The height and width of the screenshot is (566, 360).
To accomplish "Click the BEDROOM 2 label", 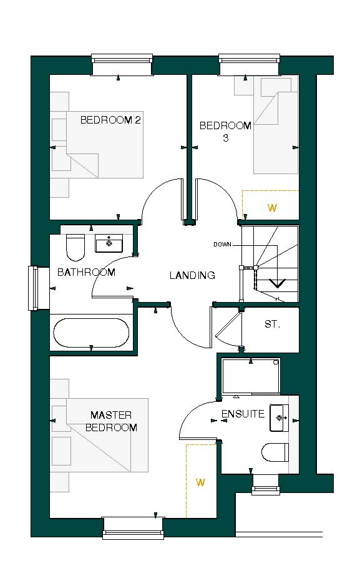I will pyautogui.click(x=110, y=120).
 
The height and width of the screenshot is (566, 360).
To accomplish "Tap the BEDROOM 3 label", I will pyautogui.click(x=225, y=132).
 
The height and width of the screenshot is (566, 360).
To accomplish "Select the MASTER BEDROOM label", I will pyautogui.click(x=111, y=421).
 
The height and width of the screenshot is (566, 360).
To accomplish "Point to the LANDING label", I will pyautogui.click(x=192, y=275).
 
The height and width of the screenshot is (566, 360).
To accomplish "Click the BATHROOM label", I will pyautogui.click(x=86, y=272).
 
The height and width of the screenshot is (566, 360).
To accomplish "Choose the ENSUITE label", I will pyautogui.click(x=243, y=414).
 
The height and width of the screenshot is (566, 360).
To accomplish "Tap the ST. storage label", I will pyautogui.click(x=272, y=324).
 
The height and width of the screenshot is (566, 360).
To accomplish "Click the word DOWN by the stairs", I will pyautogui.click(x=222, y=245).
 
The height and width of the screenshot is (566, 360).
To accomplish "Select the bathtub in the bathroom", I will pyautogui.click(x=91, y=333).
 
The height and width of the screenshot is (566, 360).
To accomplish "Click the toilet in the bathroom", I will pyautogui.click(x=75, y=247).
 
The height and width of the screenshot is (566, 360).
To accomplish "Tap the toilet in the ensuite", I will pyautogui.click(x=275, y=452).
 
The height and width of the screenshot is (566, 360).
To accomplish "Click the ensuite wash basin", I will pyautogui.click(x=279, y=417).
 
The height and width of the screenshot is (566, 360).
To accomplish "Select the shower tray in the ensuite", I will pyautogui.click(x=251, y=376).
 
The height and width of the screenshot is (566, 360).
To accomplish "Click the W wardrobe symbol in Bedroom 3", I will pyautogui.click(x=271, y=208).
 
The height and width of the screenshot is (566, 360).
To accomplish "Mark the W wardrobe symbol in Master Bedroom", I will pyautogui.click(x=200, y=482).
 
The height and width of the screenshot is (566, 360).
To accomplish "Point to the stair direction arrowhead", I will pyautogui.click(x=276, y=283).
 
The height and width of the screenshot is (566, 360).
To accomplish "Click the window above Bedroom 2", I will pyautogui.click(x=122, y=66).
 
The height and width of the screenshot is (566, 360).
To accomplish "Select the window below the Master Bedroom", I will pyautogui.click(x=132, y=527).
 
